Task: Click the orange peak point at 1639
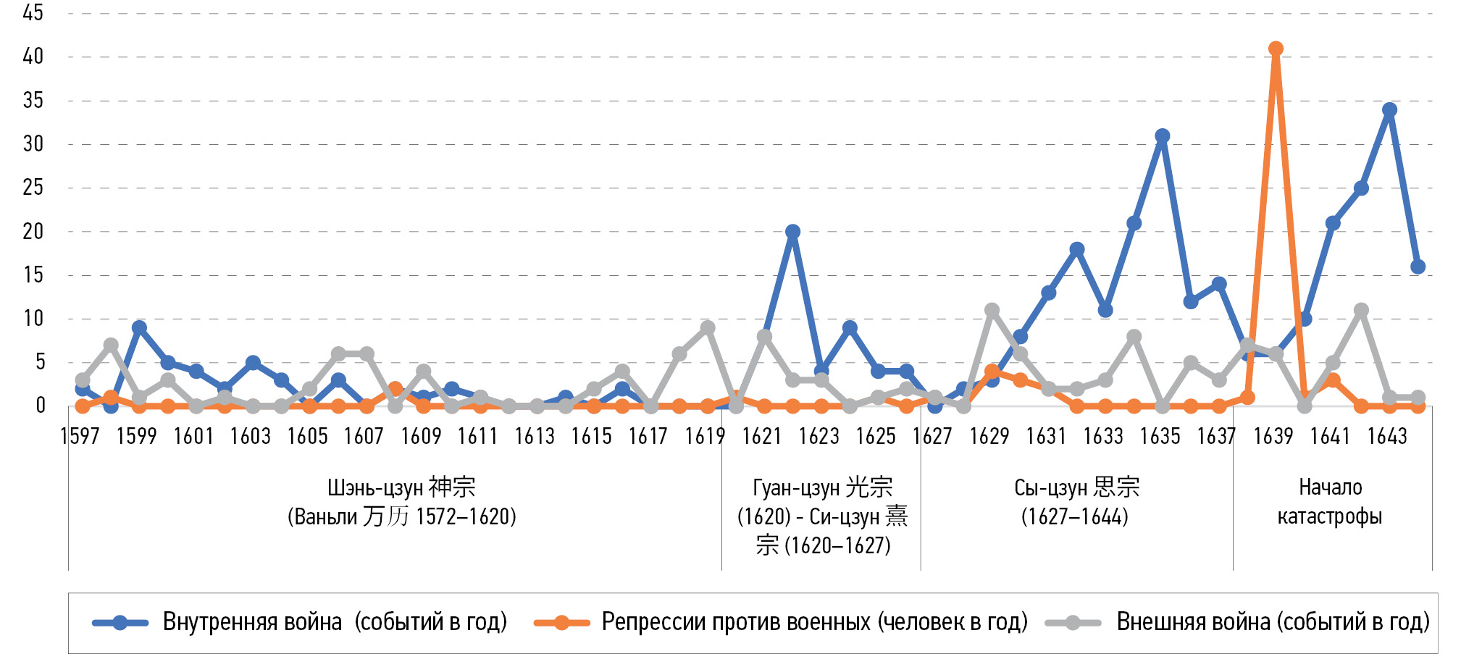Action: pos(1276,49)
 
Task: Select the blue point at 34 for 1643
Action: pos(1389,110)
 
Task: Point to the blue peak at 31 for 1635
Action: pos(1163,136)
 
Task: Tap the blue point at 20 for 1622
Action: pos(792,232)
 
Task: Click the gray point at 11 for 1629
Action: pos(992,311)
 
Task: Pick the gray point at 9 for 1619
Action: pos(708,328)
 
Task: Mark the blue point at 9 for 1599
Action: pos(139,328)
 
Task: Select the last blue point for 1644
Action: pos(1418,267)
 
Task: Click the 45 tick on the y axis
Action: pos(33,13)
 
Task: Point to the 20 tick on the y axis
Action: pos(33,232)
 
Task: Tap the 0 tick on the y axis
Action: pos(41,406)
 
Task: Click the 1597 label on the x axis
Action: pos(80,437)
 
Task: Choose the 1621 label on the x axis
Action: pos(762,437)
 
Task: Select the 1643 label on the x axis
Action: pos(1387,437)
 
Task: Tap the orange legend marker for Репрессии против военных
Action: pos(561,622)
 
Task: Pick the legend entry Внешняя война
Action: pos(1273,622)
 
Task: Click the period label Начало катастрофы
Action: pos(1330,501)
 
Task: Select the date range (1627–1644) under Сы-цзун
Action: pos(1075,517)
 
